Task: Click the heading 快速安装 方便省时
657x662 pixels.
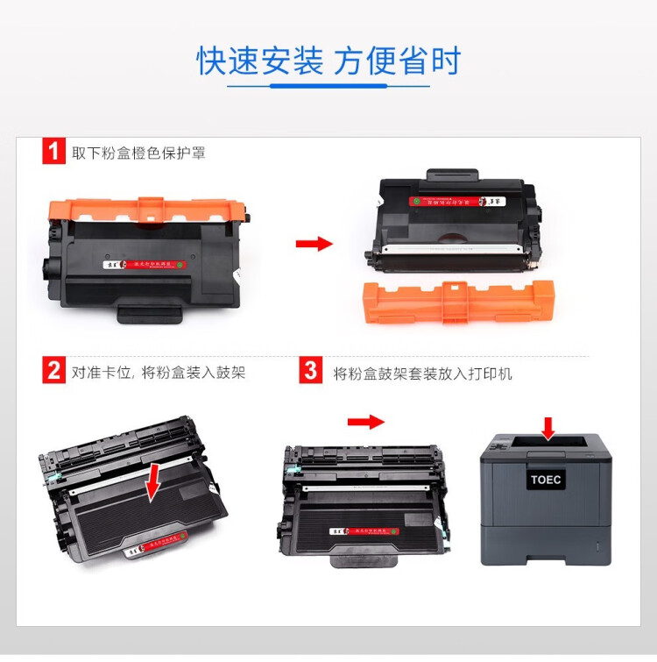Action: click(328, 61)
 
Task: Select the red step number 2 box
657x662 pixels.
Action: click(53, 371)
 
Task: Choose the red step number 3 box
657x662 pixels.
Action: click(310, 371)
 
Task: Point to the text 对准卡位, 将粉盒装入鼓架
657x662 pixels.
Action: click(159, 373)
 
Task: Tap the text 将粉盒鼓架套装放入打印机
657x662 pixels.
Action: click(422, 373)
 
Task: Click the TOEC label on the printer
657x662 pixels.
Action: click(546, 480)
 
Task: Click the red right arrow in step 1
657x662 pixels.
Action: click(314, 243)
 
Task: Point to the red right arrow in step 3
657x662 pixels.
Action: click(365, 422)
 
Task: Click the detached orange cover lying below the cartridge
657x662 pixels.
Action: click(458, 301)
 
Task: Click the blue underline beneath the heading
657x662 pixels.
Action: click(328, 86)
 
